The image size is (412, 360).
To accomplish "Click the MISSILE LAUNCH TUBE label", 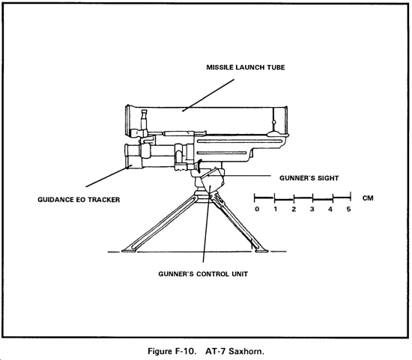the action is click(246, 67).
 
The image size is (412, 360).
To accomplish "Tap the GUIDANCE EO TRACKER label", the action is click(79, 200).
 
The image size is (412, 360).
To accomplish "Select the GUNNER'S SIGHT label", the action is click(309, 178).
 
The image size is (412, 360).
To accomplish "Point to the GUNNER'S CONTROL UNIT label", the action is click(203, 274).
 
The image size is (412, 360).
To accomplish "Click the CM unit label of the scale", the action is click(368, 198).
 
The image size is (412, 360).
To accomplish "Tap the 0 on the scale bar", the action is click(257, 210).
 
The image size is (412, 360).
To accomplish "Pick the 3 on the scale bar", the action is click(312, 210).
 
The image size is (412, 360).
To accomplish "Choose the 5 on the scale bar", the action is click(348, 210).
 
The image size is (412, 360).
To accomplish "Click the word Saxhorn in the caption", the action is click(246, 351).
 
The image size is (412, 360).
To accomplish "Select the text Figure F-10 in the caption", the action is click(172, 351).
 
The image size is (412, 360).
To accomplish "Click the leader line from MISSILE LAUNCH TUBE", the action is click(208, 95).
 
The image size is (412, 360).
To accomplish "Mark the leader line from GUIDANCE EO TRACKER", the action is click(109, 176).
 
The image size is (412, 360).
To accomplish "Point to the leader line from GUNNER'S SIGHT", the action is click(239, 175).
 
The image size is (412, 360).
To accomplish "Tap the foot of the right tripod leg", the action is click(261, 251).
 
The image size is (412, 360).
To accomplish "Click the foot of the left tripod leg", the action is click(129, 251).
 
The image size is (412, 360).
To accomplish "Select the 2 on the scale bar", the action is click(294, 210).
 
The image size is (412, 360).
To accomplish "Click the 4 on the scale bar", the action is click(330, 210).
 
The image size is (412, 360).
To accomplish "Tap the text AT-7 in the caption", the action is click(216, 351).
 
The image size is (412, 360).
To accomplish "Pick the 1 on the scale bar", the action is click(276, 210).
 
